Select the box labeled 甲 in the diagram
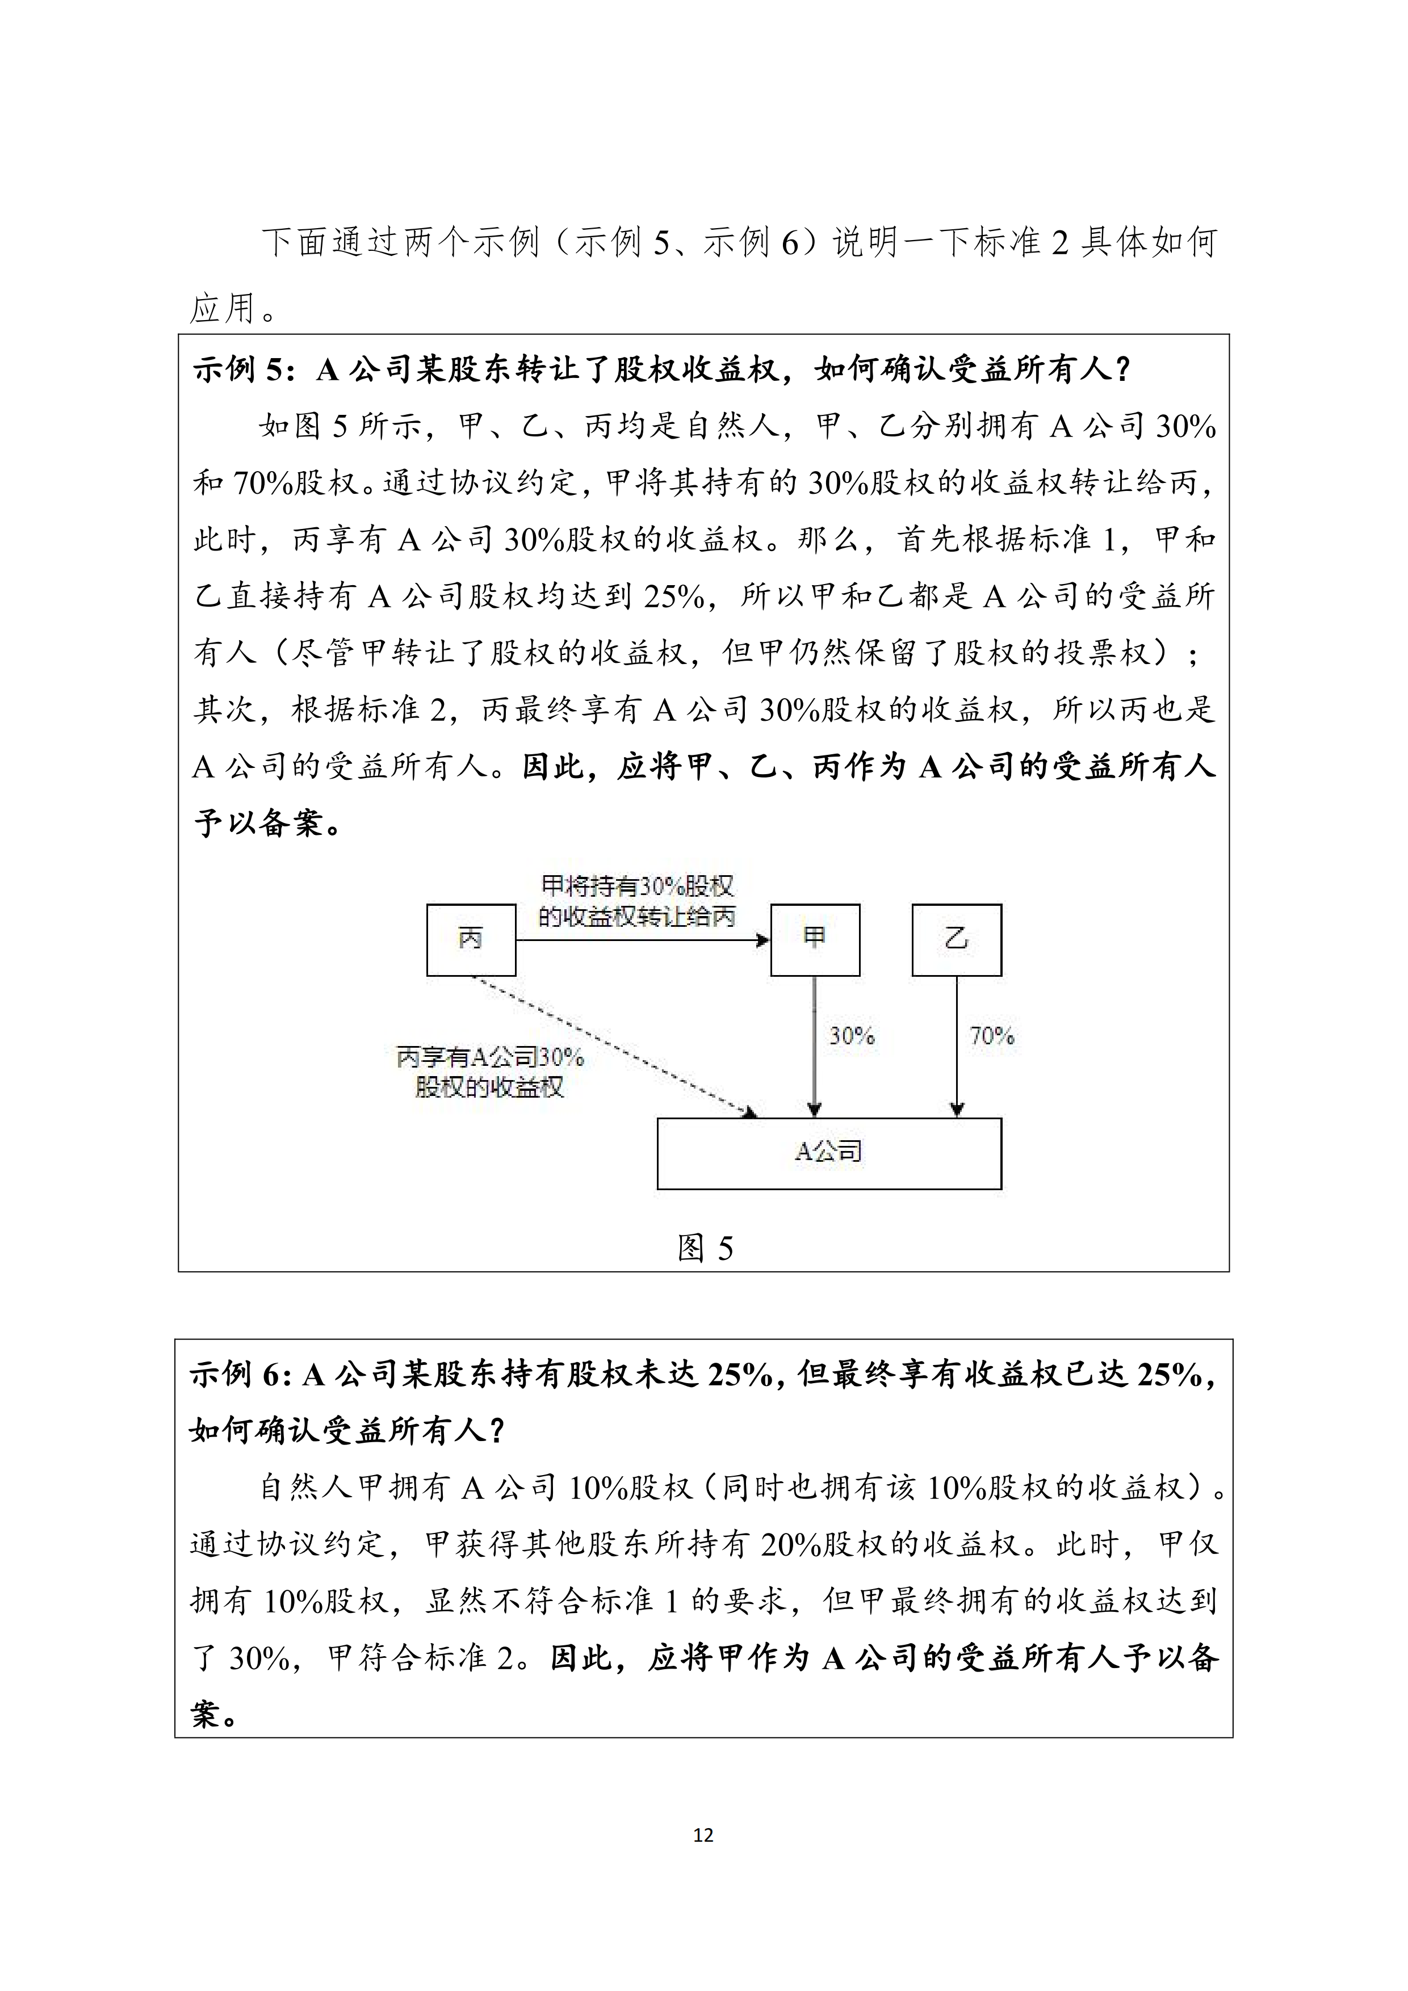point(815,939)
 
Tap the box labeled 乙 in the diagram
point(956,939)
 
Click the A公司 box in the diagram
point(828,1153)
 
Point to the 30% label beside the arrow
point(851,1035)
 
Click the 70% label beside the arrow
point(992,1035)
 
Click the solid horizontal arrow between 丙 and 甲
point(642,940)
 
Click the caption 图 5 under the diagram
point(705,1248)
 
